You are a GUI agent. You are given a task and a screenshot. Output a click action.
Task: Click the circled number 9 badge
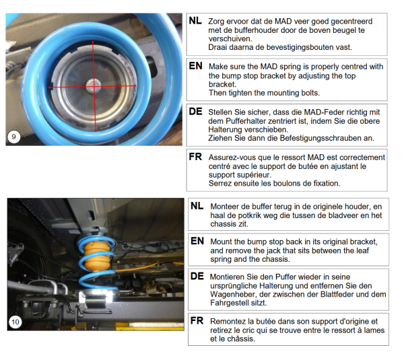click(x=13, y=137)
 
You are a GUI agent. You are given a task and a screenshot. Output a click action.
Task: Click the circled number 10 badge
click(x=15, y=322)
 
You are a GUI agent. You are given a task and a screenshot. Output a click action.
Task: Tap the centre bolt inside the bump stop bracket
click(x=93, y=85)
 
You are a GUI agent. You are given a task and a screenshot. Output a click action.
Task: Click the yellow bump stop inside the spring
click(x=97, y=256)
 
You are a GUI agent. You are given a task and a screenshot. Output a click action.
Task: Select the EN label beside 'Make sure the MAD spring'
click(x=195, y=66)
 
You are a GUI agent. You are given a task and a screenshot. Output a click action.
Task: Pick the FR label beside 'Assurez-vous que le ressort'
click(x=195, y=157)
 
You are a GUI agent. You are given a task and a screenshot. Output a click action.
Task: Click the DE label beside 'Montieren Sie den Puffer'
click(x=197, y=277)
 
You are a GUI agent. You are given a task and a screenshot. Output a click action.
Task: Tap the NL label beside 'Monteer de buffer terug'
click(x=197, y=206)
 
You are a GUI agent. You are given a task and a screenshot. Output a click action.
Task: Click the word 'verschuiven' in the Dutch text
click(x=230, y=39)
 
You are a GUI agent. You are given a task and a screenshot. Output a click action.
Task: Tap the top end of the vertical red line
click(x=93, y=41)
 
